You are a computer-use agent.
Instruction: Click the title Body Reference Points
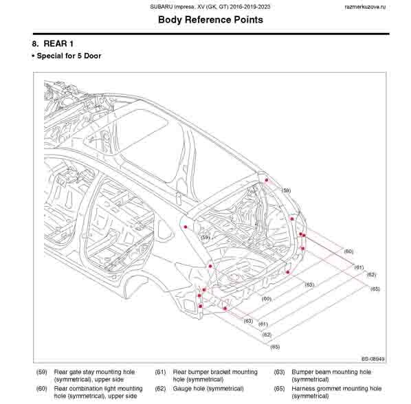click(x=210, y=20)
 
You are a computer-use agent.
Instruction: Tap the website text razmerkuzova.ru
click(x=365, y=7)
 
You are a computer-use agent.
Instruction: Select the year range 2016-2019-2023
click(x=249, y=7)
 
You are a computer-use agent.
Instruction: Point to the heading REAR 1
click(x=58, y=44)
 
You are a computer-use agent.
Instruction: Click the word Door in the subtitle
click(x=93, y=56)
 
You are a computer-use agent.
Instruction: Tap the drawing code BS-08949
click(x=373, y=359)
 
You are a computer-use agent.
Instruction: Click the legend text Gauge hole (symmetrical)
click(x=208, y=389)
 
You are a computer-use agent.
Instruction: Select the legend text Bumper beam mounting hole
click(x=331, y=372)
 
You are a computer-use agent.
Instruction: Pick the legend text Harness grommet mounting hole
click(x=337, y=389)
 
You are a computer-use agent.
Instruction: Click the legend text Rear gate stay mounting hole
click(x=94, y=372)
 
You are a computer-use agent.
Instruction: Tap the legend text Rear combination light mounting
click(x=98, y=389)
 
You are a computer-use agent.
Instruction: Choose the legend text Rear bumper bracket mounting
click(x=215, y=372)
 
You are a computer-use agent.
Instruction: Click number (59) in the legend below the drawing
click(x=42, y=372)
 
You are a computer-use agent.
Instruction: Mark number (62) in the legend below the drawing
click(x=160, y=389)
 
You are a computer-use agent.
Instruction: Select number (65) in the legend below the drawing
click(x=279, y=389)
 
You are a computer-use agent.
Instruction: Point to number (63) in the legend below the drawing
click(x=279, y=372)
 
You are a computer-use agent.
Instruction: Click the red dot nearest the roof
click(x=267, y=180)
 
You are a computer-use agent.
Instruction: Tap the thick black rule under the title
click(x=211, y=34)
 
